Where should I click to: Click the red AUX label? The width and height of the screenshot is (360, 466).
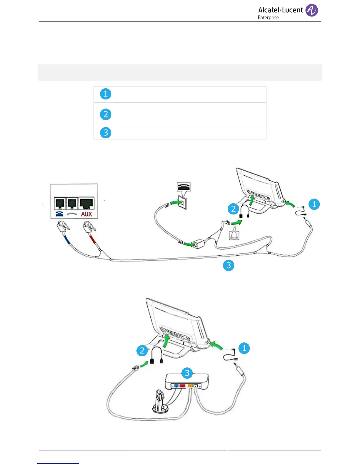(x=86, y=214)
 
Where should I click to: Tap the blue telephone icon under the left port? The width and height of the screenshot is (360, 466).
(x=59, y=214)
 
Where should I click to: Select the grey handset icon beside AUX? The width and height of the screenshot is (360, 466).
(x=72, y=214)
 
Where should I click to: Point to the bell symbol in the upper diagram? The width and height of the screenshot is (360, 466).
(x=234, y=234)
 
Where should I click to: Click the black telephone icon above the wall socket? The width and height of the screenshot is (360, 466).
(x=184, y=187)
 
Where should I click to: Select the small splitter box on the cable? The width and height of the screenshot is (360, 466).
(x=199, y=244)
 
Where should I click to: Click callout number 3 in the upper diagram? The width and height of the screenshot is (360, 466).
(x=229, y=265)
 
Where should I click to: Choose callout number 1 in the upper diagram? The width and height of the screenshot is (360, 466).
(x=314, y=204)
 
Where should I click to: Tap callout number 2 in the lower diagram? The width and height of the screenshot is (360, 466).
(x=142, y=351)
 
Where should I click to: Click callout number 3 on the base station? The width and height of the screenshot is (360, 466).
(x=187, y=373)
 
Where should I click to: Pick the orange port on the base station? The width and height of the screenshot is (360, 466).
(x=190, y=386)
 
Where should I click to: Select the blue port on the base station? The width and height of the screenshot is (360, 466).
(x=176, y=386)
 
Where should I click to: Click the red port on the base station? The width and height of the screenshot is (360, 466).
(x=182, y=386)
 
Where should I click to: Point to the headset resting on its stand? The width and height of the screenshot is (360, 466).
(x=160, y=402)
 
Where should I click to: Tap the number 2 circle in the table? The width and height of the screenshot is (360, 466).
(x=106, y=114)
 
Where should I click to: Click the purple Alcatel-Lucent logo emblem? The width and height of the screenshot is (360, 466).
(x=311, y=10)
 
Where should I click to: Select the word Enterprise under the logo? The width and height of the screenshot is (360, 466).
(x=268, y=18)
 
